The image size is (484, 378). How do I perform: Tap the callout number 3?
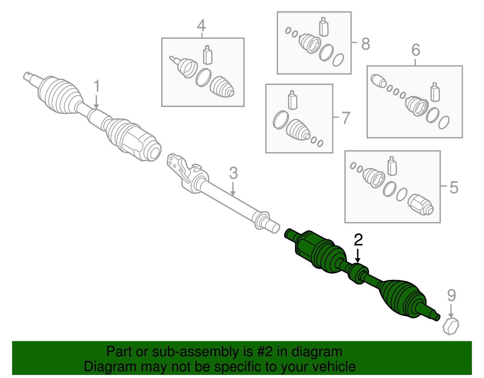pyautogui.click(x=233, y=173)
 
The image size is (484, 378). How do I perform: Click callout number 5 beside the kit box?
pyautogui.click(x=454, y=187)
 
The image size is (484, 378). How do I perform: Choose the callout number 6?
pyautogui.click(x=416, y=50)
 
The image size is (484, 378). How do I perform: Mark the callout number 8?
pyautogui.click(x=365, y=44)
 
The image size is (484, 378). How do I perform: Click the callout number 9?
pyautogui.click(x=451, y=295)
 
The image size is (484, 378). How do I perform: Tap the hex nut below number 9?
pyautogui.click(x=451, y=326)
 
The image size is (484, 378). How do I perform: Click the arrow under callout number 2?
pyautogui.click(x=358, y=256)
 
